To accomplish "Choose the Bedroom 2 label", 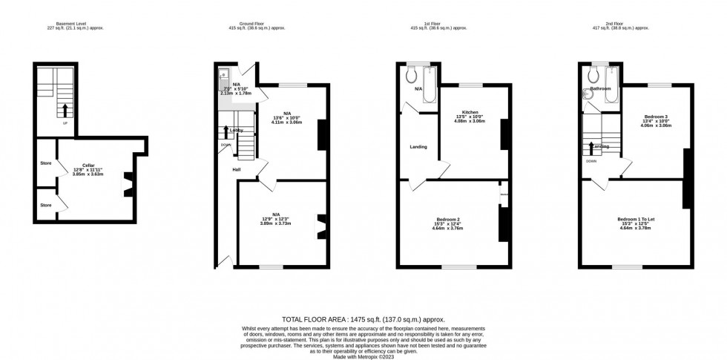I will click(x=448, y=219).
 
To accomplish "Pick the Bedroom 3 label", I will click(x=656, y=117).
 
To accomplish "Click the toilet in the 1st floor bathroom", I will click(x=410, y=74).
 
